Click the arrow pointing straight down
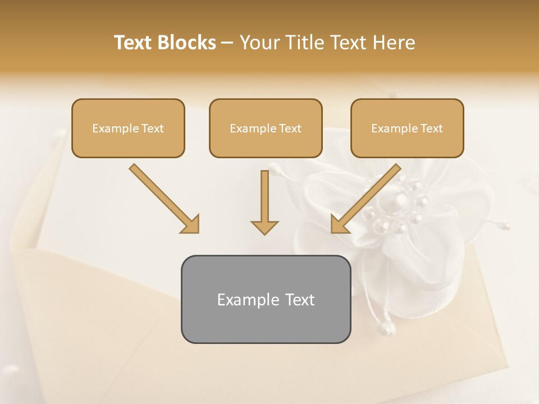pos(264,199)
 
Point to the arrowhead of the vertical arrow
pos(264,227)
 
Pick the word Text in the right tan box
pos(432,128)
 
